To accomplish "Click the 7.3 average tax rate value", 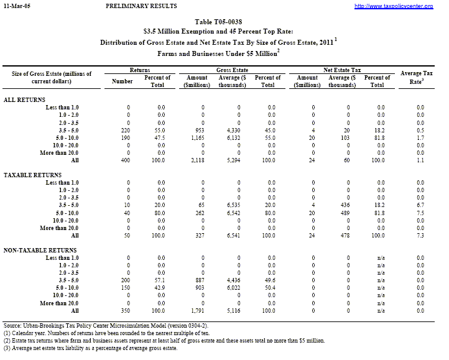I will [420, 235].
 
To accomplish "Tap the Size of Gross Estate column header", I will [52, 78].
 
